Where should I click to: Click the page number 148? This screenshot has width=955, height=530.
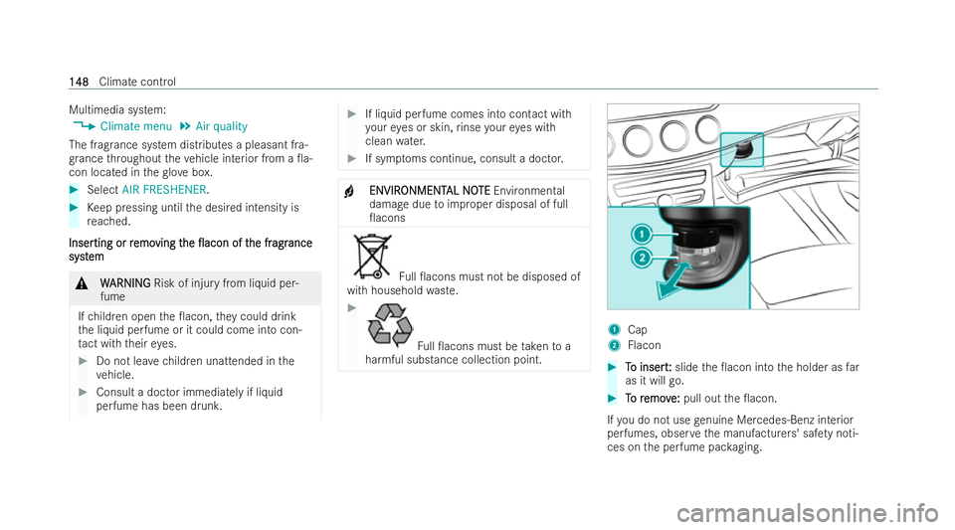[79, 82]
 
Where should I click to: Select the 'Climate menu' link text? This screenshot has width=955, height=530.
[136, 126]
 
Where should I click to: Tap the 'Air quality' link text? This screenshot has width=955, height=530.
[221, 126]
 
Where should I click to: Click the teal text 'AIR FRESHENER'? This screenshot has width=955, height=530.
[164, 190]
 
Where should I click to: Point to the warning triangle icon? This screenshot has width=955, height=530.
[82, 283]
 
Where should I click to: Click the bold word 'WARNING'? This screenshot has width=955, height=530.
[125, 283]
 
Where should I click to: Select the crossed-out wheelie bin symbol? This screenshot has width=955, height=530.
[371, 257]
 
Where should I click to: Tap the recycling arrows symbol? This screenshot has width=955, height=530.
[390, 325]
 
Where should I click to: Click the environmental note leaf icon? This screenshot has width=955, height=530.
[349, 192]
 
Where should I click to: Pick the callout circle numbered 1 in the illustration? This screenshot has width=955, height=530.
[642, 234]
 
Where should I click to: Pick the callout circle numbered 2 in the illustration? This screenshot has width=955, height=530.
[642, 258]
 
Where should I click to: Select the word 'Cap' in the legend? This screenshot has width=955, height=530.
[637, 330]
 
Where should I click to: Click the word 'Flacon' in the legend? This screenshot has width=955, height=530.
[644, 346]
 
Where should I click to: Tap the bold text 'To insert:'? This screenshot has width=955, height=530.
[648, 368]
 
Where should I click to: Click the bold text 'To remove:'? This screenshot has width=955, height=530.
[653, 399]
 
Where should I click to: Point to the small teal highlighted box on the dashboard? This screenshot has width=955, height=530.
[742, 149]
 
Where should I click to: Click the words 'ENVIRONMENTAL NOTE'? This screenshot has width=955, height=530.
[430, 191]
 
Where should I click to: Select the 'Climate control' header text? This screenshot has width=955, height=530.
[137, 82]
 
